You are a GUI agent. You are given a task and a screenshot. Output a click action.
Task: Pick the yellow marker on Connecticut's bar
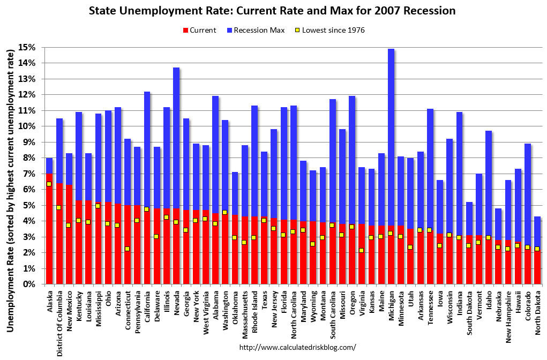click(128, 249)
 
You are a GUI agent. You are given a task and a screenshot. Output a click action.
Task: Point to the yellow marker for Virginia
click(362, 250)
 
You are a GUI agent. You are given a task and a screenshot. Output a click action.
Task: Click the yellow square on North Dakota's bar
click(537, 249)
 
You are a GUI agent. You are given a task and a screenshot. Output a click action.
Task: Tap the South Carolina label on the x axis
click(333, 316)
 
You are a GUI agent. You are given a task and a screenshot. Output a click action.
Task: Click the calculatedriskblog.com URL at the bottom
click(297, 347)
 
